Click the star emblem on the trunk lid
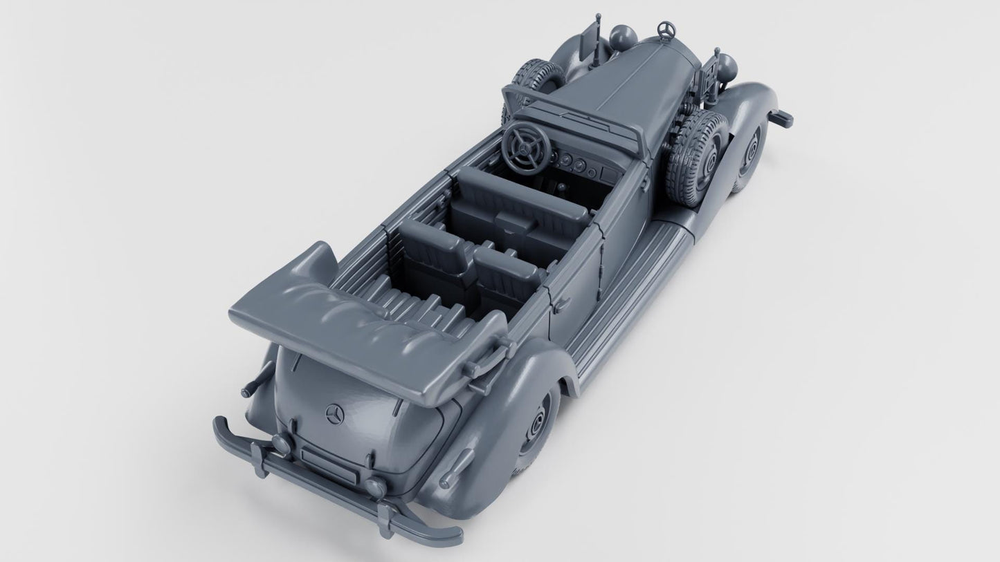pyautogui.click(x=335, y=414)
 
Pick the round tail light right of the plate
pyautogui.click(x=375, y=487)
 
